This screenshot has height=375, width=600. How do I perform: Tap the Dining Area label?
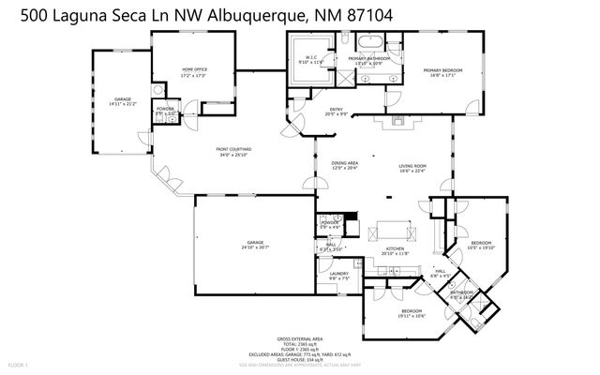345,165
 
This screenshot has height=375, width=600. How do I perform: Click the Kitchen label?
395,250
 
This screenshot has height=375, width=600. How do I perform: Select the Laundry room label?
338,276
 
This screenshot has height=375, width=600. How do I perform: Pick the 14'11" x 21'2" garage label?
122,100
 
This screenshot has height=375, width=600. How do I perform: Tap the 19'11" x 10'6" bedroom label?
412,312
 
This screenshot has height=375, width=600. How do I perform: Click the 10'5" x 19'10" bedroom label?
481,246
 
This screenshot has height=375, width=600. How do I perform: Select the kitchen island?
394,230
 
